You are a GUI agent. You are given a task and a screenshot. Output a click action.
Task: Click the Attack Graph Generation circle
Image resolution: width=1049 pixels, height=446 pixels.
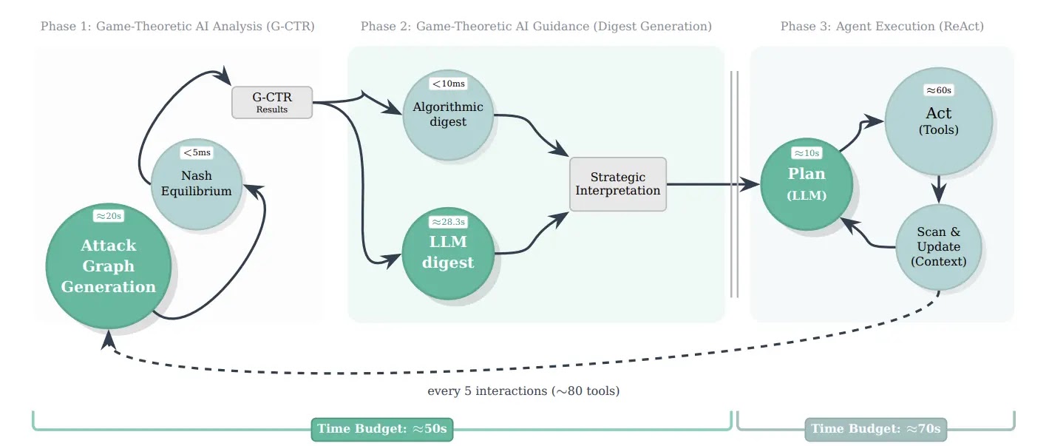tap(109, 266)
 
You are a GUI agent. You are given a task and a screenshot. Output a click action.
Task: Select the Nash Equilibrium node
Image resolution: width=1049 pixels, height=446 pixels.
tap(196, 183)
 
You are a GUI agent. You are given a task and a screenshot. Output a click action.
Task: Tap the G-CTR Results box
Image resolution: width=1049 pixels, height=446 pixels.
tap(272, 102)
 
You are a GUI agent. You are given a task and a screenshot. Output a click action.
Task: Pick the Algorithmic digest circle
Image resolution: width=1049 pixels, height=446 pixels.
tap(448, 115)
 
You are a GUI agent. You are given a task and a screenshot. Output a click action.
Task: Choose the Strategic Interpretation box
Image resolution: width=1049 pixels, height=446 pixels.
tap(618, 184)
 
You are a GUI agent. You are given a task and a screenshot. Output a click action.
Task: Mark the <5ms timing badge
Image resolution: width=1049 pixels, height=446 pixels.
tap(197, 152)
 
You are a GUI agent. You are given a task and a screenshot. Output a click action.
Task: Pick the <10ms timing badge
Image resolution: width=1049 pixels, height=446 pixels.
tap(448, 83)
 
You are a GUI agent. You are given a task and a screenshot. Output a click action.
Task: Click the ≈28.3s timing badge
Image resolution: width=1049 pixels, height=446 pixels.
tap(449, 221)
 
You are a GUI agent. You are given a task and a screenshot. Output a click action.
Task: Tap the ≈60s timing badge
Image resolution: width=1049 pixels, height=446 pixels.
tap(938, 89)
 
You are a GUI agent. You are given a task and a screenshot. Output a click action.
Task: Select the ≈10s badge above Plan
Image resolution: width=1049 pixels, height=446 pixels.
tap(807, 152)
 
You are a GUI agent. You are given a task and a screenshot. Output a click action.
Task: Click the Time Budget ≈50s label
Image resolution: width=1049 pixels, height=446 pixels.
tap(382, 429)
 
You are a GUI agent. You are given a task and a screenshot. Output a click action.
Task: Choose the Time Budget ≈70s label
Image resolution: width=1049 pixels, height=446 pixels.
tap(875, 429)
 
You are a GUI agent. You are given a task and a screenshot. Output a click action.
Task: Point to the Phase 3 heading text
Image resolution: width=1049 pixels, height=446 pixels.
tap(882, 27)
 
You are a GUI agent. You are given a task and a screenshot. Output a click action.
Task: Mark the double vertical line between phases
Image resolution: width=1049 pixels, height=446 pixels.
tap(734, 184)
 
